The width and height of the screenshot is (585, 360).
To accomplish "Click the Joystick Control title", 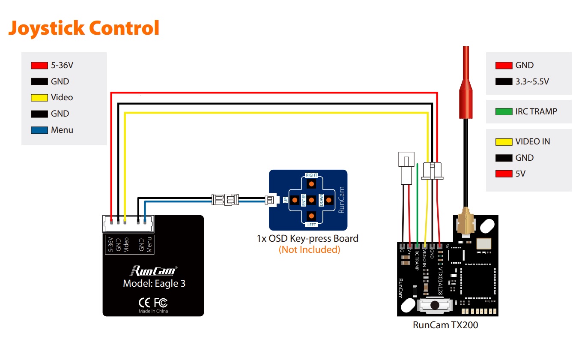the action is (x=84, y=28).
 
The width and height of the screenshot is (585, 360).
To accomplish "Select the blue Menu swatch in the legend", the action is (x=39, y=130).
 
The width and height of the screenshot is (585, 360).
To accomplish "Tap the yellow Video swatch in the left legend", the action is (x=39, y=98).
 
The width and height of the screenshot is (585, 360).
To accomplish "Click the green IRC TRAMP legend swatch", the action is (x=504, y=111).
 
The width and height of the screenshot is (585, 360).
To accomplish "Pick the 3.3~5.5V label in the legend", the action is (x=532, y=81).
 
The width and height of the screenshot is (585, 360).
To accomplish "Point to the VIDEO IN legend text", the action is (x=532, y=141).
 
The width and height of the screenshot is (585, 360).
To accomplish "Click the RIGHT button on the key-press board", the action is (x=311, y=184).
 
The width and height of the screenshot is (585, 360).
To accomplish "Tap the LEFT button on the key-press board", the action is (x=311, y=216).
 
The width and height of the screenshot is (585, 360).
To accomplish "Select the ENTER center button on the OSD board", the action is (x=311, y=200).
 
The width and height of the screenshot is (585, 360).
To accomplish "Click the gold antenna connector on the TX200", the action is (x=466, y=222).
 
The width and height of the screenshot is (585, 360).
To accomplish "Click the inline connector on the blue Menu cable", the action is (x=225, y=200).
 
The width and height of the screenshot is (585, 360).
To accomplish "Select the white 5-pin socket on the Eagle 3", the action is (x=128, y=224).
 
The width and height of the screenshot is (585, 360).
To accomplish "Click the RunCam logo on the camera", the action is (x=154, y=271).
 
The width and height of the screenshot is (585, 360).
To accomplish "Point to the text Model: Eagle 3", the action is (x=154, y=283).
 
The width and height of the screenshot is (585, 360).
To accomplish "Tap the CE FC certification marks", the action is (x=153, y=303).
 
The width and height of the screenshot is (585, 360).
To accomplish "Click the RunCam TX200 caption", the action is (x=445, y=325).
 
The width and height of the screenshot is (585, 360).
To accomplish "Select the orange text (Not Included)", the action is (x=310, y=250).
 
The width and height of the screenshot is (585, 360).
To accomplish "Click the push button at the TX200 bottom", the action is (x=435, y=305).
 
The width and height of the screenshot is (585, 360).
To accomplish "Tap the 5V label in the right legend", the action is (x=520, y=174).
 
